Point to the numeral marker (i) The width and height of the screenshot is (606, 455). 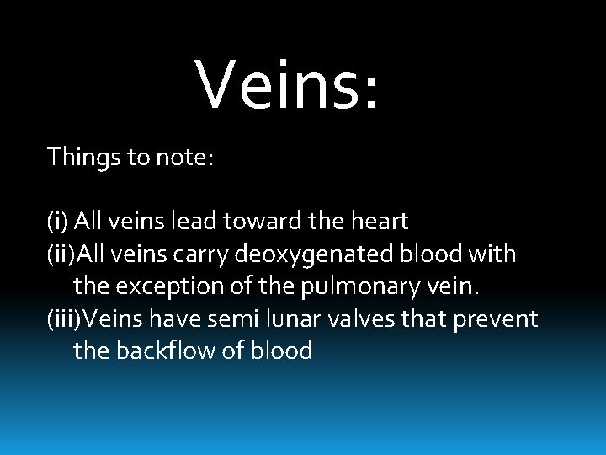(x=58, y=222)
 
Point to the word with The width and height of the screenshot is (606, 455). (x=493, y=254)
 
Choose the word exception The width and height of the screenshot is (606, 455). (x=169, y=286)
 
